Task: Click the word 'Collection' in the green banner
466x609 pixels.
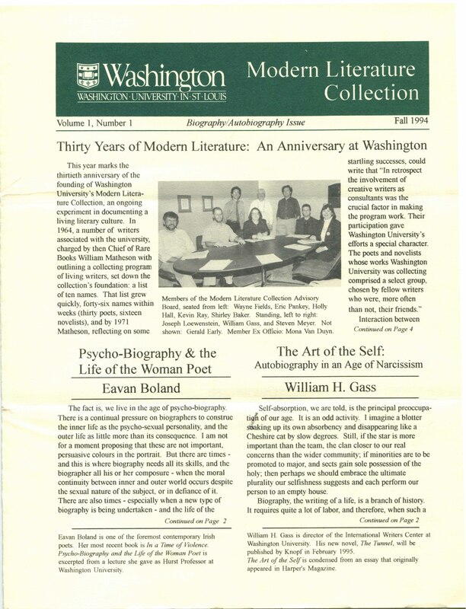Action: pos(377,96)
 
